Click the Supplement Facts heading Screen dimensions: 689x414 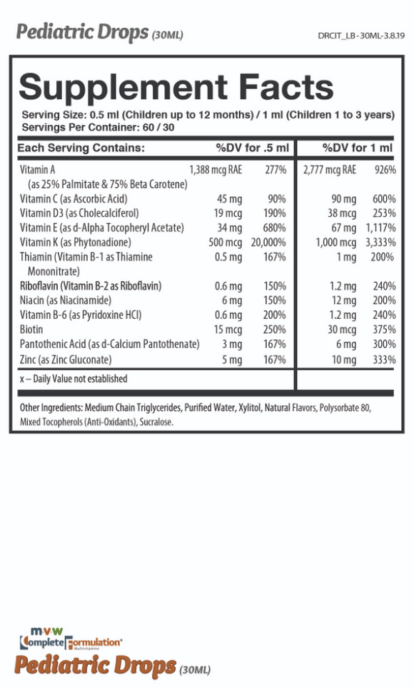pyautogui.click(x=176, y=87)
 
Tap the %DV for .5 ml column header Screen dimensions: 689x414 pyautogui.click(x=252, y=148)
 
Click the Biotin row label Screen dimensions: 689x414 pyautogui.click(x=31, y=330)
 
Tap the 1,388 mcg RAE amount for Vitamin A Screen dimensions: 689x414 pyautogui.click(x=216, y=170)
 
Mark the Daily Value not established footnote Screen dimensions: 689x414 pyautogui.click(x=74, y=379)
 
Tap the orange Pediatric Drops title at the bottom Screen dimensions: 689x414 pyautogui.click(x=95, y=665)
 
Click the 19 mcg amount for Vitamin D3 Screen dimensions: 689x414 pyautogui.click(x=228, y=213)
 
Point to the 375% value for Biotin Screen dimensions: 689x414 pyautogui.click(x=384, y=330)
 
